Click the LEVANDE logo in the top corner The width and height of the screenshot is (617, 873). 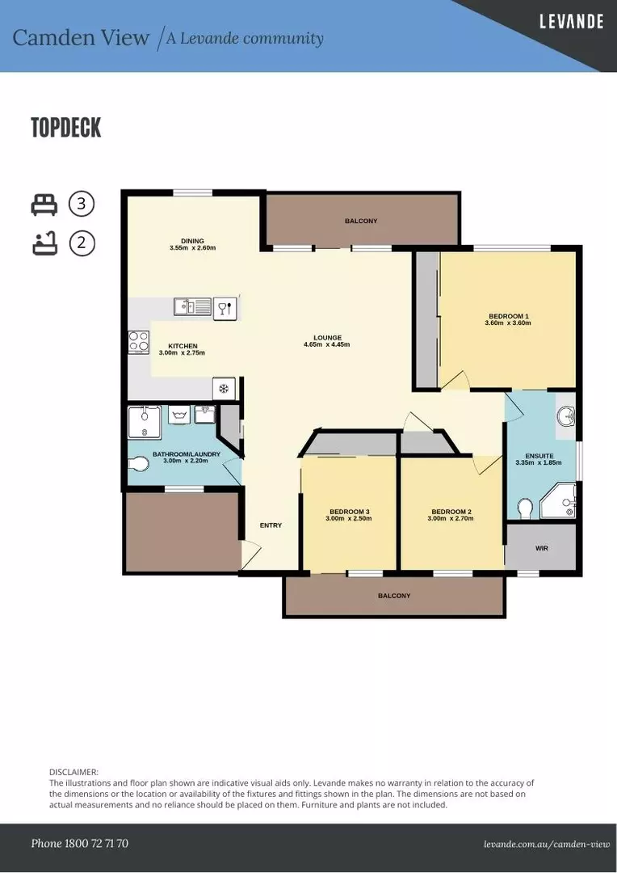(571, 22)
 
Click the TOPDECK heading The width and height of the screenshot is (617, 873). (66, 128)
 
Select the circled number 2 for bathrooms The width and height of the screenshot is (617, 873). (82, 242)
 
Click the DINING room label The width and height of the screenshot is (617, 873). (192, 241)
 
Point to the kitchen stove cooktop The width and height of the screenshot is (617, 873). (139, 342)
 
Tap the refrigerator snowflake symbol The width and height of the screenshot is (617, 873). (224, 389)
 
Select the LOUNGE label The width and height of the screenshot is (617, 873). (328, 338)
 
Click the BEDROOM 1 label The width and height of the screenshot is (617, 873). (509, 316)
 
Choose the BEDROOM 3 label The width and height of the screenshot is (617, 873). (349, 512)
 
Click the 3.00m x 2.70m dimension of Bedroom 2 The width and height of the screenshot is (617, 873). (451, 519)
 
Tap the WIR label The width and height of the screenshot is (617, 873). (541, 548)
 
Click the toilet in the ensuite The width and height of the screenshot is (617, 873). (525, 508)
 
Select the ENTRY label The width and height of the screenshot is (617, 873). (271, 525)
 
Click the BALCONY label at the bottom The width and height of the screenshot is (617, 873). (394, 596)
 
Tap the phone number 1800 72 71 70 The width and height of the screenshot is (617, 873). (79, 843)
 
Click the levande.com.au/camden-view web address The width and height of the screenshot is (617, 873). (547, 844)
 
